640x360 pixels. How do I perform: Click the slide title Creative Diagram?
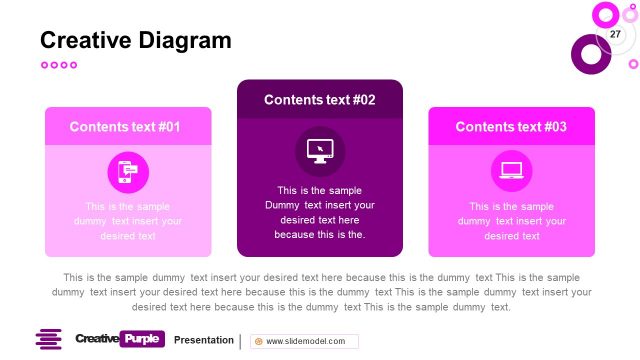(x=135, y=40)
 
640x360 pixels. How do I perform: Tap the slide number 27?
(x=615, y=35)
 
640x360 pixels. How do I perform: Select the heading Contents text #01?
(x=125, y=127)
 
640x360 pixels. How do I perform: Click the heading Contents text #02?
(x=320, y=100)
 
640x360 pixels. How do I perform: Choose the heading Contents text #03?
(x=511, y=127)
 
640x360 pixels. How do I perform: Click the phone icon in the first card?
(x=127, y=172)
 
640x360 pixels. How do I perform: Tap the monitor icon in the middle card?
(x=320, y=151)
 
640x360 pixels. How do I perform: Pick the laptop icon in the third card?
(x=511, y=172)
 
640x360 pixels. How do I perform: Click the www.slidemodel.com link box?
(x=304, y=341)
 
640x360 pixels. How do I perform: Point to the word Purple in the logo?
(x=142, y=339)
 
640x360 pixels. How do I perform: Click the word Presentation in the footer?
(x=203, y=340)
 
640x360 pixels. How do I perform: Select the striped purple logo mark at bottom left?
(x=49, y=339)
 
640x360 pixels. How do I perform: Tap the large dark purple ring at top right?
(x=590, y=54)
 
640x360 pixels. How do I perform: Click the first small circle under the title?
(x=44, y=65)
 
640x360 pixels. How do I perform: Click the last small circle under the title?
(x=73, y=65)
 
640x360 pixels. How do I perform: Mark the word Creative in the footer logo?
(x=96, y=339)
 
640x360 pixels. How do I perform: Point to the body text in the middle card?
(x=320, y=212)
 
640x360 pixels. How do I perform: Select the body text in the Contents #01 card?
(x=127, y=221)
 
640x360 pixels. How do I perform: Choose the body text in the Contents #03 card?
(x=511, y=221)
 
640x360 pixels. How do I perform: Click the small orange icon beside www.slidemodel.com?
(x=259, y=341)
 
